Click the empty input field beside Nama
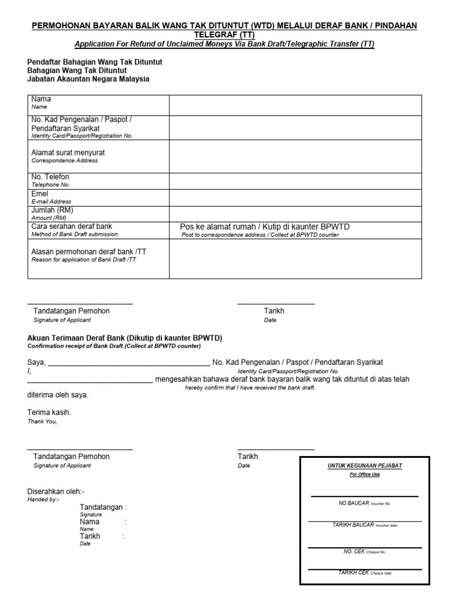pos(295,106)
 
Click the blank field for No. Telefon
pos(295,181)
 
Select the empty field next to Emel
pos(295,197)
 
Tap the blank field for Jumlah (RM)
pos(295,214)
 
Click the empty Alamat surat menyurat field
pos(295,156)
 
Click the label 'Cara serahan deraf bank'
pos(71,226)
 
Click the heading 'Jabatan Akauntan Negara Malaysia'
pos(88,79)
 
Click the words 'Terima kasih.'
pos(49,412)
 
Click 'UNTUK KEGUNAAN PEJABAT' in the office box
pos(364,465)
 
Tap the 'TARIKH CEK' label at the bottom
pos(354,572)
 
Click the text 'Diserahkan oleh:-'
pos(56,492)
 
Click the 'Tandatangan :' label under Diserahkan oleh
pos(103,507)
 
